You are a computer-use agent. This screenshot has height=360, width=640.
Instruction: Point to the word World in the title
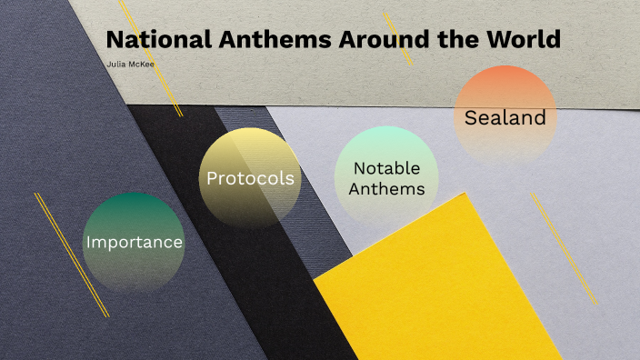(522, 40)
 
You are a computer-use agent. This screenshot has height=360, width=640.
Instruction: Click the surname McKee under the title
(141, 65)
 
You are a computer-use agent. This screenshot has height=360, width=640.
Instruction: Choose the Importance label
(135, 243)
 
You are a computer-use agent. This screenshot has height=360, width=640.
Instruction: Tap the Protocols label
(250, 178)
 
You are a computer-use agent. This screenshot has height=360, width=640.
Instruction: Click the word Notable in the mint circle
(386, 168)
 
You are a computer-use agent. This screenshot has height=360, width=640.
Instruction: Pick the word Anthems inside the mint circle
(386, 189)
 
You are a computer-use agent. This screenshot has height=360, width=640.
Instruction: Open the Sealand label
(505, 117)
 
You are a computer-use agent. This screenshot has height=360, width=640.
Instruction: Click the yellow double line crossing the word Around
(398, 38)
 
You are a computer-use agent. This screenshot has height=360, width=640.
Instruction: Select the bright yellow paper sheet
(436, 291)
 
